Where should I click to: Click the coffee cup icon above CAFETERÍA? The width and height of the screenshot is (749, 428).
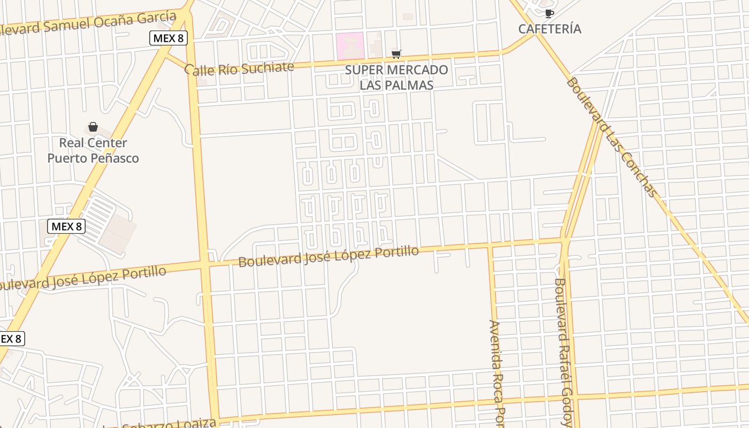pyautogui.click(x=549, y=13)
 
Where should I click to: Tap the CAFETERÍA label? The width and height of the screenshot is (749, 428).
pyautogui.click(x=549, y=29)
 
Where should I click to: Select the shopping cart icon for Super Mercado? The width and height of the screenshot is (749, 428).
pyautogui.click(x=396, y=53)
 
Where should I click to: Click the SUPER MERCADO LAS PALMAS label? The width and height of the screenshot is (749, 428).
pyautogui.click(x=396, y=77)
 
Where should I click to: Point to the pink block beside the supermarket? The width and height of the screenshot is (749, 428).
pyautogui.click(x=350, y=46)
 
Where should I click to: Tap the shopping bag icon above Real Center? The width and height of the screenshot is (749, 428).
pyautogui.click(x=93, y=127)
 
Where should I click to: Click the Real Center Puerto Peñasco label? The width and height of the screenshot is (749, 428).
pyautogui.click(x=93, y=150)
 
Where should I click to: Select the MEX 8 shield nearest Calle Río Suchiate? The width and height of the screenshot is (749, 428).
pyautogui.click(x=168, y=38)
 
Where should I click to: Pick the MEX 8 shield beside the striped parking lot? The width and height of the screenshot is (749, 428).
pyautogui.click(x=66, y=226)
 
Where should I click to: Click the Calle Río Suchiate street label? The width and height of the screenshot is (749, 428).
pyautogui.click(x=239, y=68)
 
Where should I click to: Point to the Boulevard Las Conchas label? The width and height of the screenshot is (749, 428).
pyautogui.click(x=611, y=137)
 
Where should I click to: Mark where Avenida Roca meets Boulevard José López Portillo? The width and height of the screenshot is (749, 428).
pyautogui.click(x=490, y=247)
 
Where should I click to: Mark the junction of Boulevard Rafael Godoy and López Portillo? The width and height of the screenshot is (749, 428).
pyautogui.click(x=563, y=242)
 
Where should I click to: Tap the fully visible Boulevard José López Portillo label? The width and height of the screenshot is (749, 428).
pyautogui.click(x=328, y=256)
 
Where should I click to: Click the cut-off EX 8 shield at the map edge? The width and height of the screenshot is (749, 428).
pyautogui.click(x=11, y=339)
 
